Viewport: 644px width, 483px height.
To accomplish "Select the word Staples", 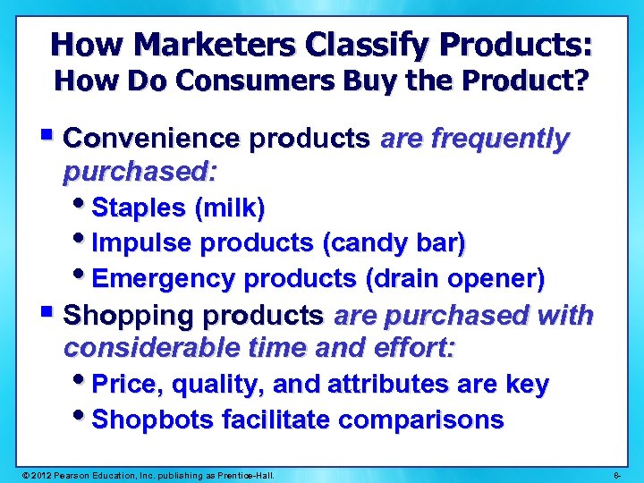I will click(x=139, y=208).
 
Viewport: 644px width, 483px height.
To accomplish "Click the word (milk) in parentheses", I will click(x=229, y=208).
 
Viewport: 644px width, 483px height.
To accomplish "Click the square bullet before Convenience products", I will click(x=47, y=137).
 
